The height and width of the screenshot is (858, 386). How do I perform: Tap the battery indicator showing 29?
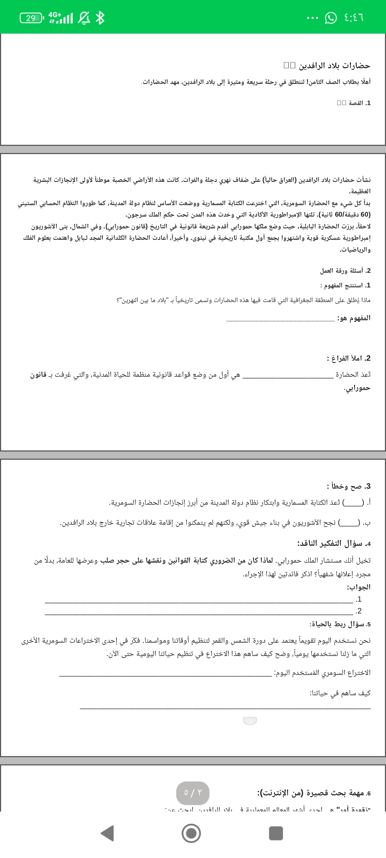click(x=31, y=18)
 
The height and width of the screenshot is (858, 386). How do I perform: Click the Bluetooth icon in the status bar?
click(x=100, y=18)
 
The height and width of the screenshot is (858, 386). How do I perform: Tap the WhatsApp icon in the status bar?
click(x=331, y=18)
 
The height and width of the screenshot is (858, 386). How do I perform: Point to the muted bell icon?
click(x=84, y=18)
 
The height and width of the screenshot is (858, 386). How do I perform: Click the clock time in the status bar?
click(x=354, y=17)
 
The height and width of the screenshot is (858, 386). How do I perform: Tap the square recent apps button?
click(x=276, y=833)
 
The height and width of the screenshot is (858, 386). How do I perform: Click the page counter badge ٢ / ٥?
click(x=193, y=793)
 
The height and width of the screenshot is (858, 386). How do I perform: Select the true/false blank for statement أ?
click(x=353, y=503)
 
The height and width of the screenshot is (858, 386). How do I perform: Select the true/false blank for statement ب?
click(x=349, y=523)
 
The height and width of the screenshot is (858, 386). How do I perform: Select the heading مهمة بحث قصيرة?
click(x=314, y=793)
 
